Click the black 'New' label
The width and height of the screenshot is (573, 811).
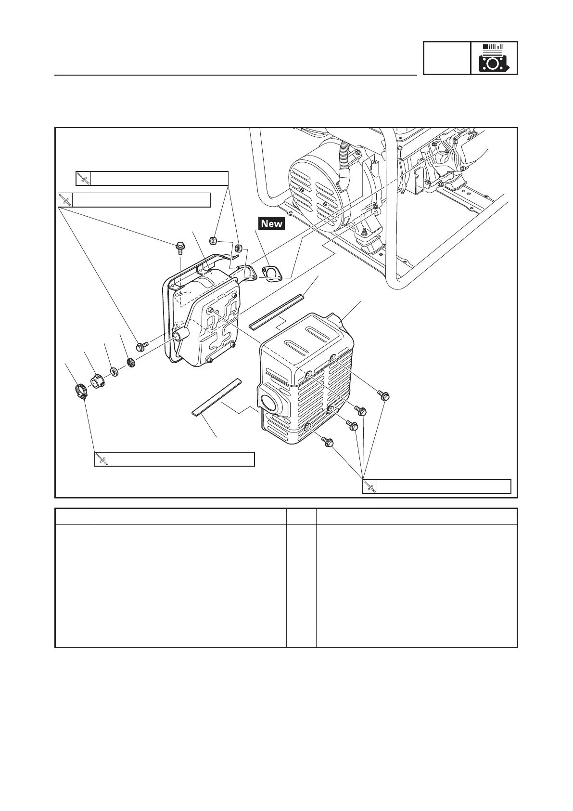[272, 223]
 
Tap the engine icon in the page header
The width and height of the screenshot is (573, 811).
[494, 58]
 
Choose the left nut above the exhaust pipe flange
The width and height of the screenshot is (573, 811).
[215, 240]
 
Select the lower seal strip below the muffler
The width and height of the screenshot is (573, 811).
[216, 397]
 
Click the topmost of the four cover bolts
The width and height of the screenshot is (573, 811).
[384, 395]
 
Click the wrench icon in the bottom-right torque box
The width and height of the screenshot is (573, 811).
[369, 487]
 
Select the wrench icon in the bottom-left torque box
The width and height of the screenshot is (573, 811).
[102, 459]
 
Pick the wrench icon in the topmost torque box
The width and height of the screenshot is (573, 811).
[83, 178]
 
